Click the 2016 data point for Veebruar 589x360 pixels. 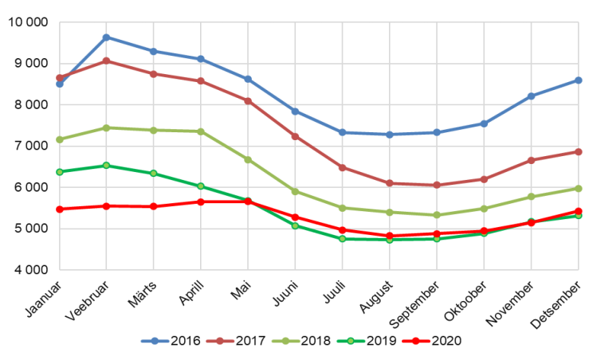coord(107,37)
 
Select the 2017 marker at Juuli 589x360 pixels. coord(343,167)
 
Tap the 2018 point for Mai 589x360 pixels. coord(248,159)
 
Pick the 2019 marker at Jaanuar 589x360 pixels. coord(60,171)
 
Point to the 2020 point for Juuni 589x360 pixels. coord(295,217)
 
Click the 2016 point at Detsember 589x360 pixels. coord(578,80)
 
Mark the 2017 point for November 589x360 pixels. coord(531,160)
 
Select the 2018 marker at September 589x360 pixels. coord(437,215)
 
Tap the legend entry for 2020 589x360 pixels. coord(438,340)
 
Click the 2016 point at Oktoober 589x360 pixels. coord(484,123)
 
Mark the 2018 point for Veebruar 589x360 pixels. coord(107,127)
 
